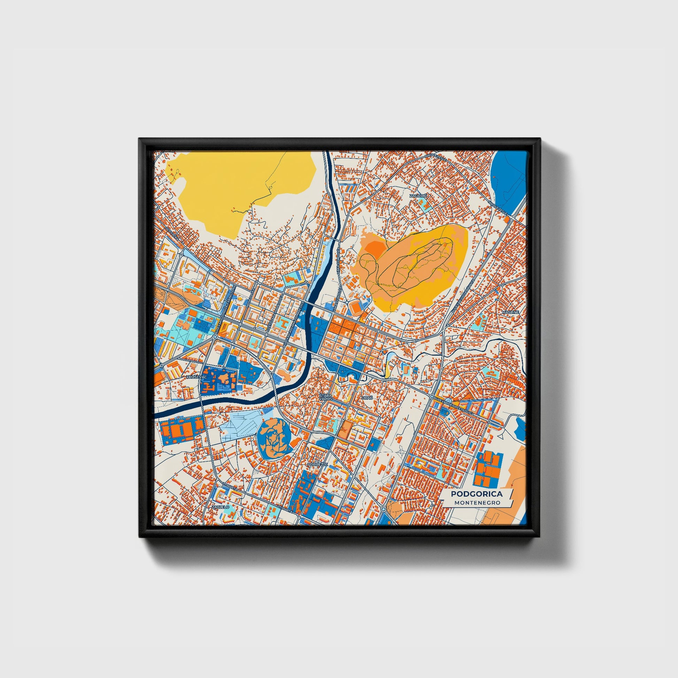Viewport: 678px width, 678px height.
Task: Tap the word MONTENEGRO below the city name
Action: [x=476, y=502]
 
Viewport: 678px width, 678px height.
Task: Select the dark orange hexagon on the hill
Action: [x=374, y=247]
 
